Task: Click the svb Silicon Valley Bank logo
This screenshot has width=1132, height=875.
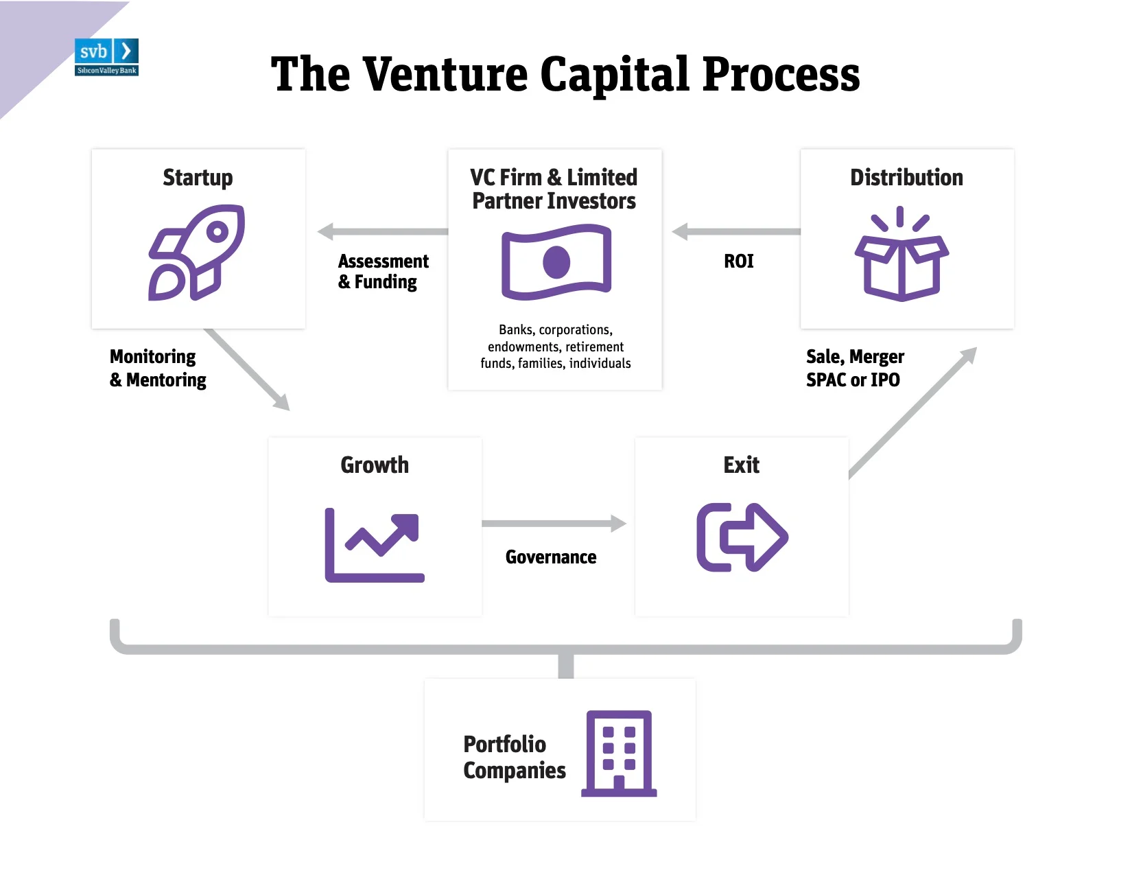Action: pos(107,57)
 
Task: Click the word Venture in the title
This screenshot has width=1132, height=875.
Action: pos(445,74)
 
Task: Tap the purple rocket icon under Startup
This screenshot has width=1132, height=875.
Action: pos(197,253)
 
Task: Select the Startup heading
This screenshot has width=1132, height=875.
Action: pos(198,178)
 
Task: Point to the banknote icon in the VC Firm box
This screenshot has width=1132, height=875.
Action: pos(556,261)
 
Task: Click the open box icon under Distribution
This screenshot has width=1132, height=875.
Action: pos(901,254)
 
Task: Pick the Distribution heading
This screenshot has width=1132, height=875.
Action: pos(906,177)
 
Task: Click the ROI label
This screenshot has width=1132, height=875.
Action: pos(739,261)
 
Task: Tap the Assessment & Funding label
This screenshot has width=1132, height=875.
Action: pos(384,272)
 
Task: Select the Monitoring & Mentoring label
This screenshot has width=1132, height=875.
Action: pos(158,369)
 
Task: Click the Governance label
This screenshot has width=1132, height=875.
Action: pos(551,557)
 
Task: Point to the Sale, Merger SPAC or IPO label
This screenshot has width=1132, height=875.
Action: pos(856,368)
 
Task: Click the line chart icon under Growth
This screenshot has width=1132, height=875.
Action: pos(375,545)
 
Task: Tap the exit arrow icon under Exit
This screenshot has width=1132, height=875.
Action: pos(742,537)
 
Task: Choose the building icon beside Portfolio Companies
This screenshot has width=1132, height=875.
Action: pos(619,754)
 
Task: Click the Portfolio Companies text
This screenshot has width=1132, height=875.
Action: pos(514,758)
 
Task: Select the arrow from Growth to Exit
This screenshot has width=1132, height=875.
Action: pos(554,524)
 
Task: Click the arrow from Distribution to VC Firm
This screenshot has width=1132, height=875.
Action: pos(736,231)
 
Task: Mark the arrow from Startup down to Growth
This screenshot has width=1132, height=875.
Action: pos(248,369)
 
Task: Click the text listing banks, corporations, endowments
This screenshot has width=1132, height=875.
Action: pos(555,347)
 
